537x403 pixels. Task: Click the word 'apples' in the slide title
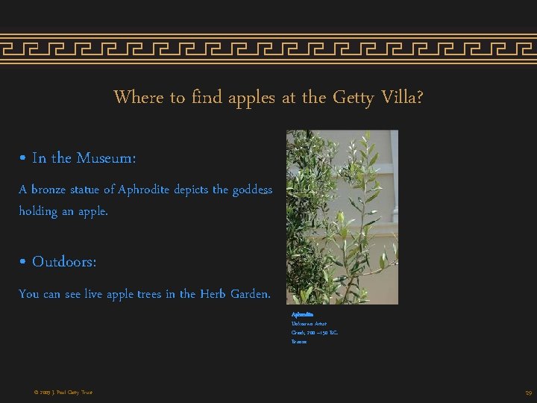252,98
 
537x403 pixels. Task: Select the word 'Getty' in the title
349,98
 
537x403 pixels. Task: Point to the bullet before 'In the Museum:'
23,158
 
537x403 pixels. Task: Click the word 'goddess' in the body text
252,190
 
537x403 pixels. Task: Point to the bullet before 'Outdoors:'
23,263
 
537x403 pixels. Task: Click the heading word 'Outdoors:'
64,263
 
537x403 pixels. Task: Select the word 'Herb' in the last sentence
213,294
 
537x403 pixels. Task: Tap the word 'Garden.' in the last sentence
251,294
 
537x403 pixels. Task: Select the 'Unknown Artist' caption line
309,324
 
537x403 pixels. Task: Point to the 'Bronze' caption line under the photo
299,342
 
